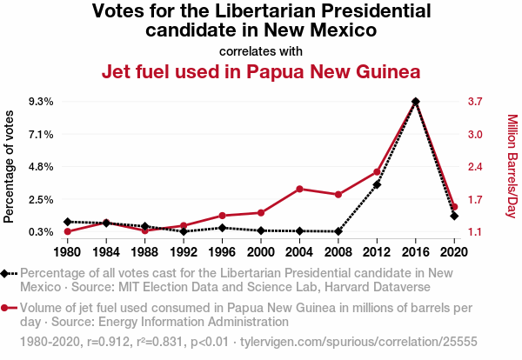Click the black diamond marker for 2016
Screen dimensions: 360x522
[416, 102]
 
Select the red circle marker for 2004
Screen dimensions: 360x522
[299, 189]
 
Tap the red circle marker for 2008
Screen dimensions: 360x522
[338, 195]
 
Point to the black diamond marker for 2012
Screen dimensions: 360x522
[377, 184]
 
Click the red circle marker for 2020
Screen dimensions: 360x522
[454, 207]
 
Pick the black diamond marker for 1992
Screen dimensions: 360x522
[184, 231]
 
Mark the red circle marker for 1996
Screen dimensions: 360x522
[223, 216]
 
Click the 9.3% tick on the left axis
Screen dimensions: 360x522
[41, 102]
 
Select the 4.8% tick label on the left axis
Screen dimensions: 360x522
[41, 167]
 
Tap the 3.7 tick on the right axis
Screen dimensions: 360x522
[474, 102]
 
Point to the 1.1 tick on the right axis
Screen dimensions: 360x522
[474, 232]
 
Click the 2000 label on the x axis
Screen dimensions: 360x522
[261, 251]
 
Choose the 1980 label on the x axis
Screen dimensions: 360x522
[68, 251]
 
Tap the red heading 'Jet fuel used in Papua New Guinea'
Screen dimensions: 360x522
[261, 71]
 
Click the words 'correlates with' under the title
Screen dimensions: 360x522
[261, 50]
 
